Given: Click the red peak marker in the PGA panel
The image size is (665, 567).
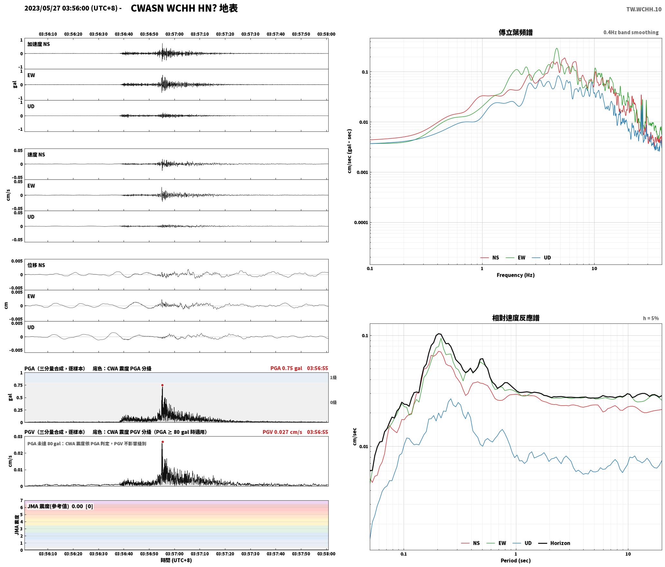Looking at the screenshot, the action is coord(162,385).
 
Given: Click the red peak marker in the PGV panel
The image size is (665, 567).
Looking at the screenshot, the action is coord(162,442).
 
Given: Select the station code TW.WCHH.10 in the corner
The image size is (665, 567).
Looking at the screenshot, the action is coord(644,9).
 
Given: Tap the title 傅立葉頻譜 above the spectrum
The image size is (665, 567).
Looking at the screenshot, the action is coord(515,33).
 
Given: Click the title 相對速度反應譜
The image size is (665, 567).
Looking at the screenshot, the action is coord(516,318).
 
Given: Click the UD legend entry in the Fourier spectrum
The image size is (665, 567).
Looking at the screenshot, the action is coord(541,258).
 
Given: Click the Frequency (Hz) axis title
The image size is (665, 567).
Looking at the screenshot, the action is coord(515,275).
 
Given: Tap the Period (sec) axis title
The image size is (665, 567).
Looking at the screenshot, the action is coord(515,561).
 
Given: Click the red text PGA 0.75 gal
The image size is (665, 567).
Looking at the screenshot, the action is coord(286,368).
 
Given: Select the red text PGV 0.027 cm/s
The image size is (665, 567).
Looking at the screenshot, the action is coord(282,432).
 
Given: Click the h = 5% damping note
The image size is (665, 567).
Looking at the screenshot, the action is coord(651,318).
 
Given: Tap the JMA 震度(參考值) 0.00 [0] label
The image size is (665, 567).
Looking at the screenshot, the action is coord(60,506).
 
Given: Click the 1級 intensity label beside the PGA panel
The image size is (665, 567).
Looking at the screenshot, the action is coord(333,378).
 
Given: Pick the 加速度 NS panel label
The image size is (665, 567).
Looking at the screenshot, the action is coord(39,44).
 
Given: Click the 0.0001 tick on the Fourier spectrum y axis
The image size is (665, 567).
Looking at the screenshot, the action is coord(361,223).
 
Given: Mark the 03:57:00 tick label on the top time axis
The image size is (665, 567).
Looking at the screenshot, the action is coord(174,34).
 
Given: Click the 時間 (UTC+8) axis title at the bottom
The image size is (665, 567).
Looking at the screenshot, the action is coord(176,560).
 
